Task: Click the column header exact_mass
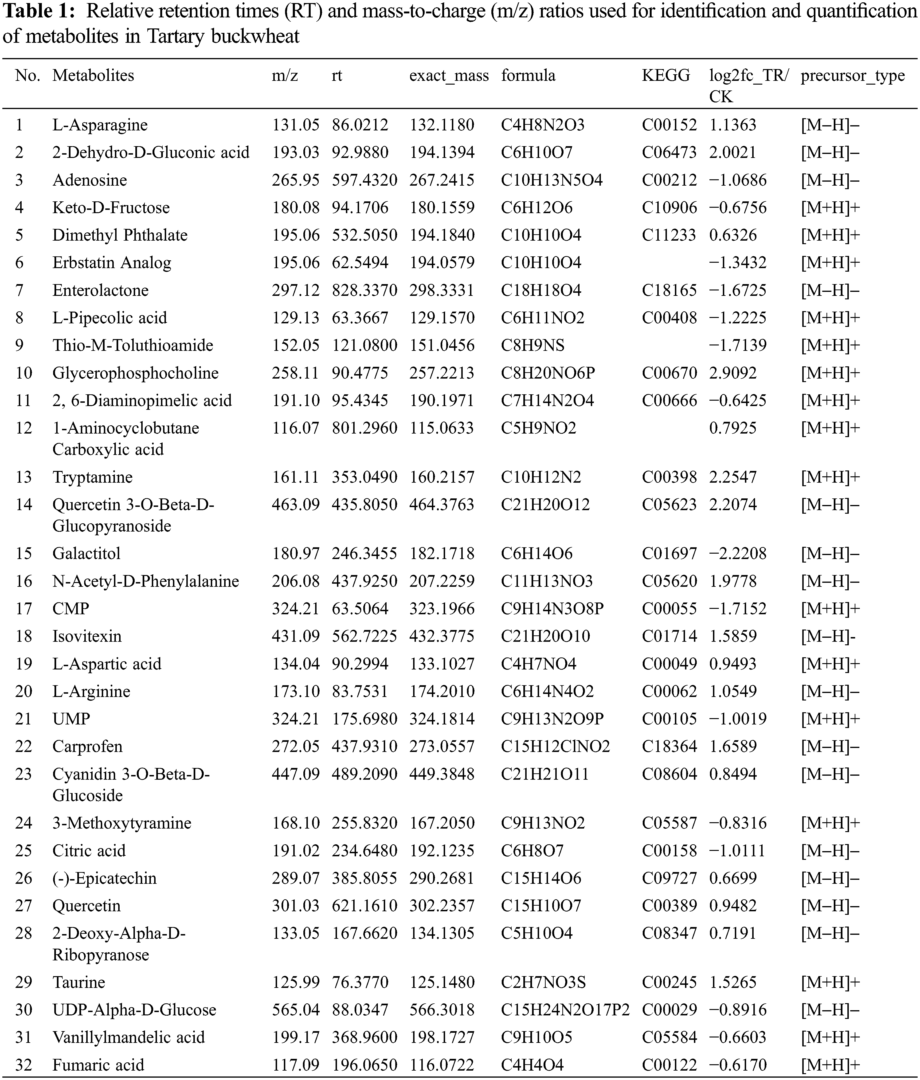click(449, 76)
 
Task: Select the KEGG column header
click(666, 76)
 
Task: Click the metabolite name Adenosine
click(90, 180)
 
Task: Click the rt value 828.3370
click(364, 290)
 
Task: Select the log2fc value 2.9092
click(733, 373)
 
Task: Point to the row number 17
click(23, 608)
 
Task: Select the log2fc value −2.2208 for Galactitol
click(738, 553)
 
